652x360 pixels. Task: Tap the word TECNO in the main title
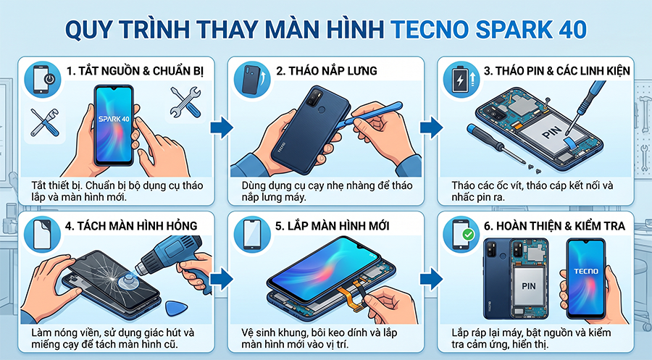pyautogui.click(x=430, y=30)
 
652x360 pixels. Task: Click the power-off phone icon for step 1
pyautogui.click(x=43, y=79)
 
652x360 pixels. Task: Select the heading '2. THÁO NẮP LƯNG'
pyautogui.click(x=327, y=71)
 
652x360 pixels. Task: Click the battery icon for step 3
pyautogui.click(x=461, y=79)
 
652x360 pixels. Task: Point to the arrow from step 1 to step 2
pyautogui.click(x=222, y=127)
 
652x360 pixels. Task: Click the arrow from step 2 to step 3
pyautogui.click(x=431, y=127)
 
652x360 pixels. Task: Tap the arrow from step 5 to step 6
pyautogui.click(x=431, y=279)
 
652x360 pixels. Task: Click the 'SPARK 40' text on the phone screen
pyautogui.click(x=114, y=119)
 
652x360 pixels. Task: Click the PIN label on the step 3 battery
pyautogui.click(x=552, y=133)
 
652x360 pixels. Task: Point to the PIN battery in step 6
pyautogui.click(x=529, y=287)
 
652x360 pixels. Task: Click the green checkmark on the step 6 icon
pyautogui.click(x=469, y=235)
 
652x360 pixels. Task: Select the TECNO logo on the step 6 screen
pyautogui.click(x=586, y=272)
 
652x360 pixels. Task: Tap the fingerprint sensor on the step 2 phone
pyautogui.click(x=322, y=110)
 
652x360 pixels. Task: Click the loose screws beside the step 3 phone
pyautogui.click(x=535, y=167)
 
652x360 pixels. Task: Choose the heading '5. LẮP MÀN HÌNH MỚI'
pyautogui.click(x=333, y=226)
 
